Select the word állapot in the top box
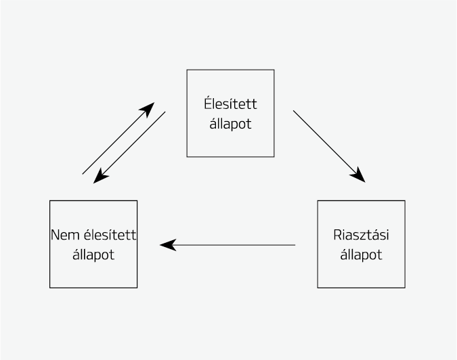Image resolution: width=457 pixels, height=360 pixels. (x=230, y=125)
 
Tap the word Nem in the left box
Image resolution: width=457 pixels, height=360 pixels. (x=62, y=235)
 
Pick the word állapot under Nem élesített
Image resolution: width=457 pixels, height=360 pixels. (x=93, y=255)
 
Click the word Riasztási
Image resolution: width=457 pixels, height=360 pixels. (x=361, y=235)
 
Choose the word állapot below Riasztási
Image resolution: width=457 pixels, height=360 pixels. (x=361, y=255)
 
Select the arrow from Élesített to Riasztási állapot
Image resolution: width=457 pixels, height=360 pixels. (x=328, y=145)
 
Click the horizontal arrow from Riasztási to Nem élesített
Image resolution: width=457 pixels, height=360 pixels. (x=227, y=245)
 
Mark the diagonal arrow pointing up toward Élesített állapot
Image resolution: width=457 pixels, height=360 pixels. (x=118, y=139)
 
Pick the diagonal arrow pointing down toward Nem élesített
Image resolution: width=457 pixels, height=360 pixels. (x=130, y=148)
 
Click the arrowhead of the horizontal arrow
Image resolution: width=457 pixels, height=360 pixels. (x=167, y=245)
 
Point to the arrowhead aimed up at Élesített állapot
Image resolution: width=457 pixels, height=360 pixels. (x=148, y=108)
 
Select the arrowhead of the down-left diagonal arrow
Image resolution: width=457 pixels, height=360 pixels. (x=100, y=177)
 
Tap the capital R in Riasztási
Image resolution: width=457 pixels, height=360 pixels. (x=337, y=235)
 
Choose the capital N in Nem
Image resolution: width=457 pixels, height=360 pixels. (x=55, y=235)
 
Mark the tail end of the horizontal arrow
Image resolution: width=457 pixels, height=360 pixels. (x=295, y=245)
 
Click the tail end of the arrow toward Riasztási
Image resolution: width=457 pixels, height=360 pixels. (x=294, y=111)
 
